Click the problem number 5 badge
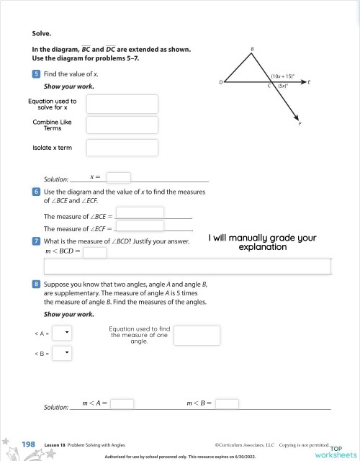[36, 74]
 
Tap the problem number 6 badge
[36, 192]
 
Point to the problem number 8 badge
[36, 285]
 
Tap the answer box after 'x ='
[118, 177]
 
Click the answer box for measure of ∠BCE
[140, 213]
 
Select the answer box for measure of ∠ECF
[140, 227]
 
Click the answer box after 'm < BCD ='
[94, 253]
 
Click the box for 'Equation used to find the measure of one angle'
[197, 335]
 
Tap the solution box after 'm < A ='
[122, 404]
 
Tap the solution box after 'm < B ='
[226, 404]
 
